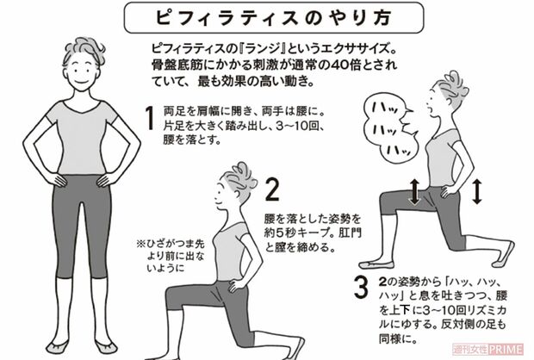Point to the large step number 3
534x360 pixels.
pyautogui.click(x=361, y=287)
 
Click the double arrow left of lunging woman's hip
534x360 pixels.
pyautogui.click(x=414, y=191)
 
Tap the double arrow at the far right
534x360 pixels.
pyautogui.click(x=478, y=191)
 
